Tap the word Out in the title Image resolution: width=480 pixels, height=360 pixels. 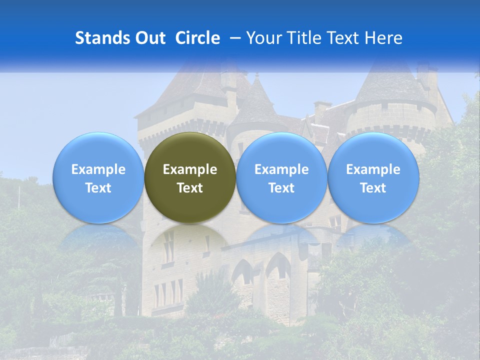click(x=149, y=38)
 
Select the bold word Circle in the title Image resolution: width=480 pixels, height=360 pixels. click(x=197, y=38)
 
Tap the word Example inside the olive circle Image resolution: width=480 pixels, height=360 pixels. click(x=190, y=169)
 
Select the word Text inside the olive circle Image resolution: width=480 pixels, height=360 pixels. click(x=190, y=188)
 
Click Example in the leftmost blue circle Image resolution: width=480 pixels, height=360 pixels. click(x=98, y=169)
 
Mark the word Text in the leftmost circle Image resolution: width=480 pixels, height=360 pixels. click(x=98, y=188)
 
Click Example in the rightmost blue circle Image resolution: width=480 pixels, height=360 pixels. click(x=373, y=169)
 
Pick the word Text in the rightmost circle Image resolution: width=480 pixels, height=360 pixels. click(x=373, y=188)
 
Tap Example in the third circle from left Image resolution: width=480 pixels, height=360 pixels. click(x=281, y=169)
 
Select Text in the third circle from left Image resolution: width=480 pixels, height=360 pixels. click(x=281, y=188)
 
